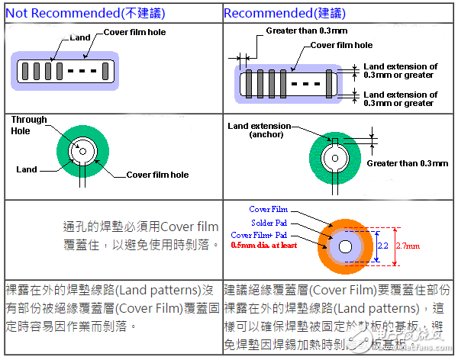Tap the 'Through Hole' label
pyautogui.click(x=29, y=125)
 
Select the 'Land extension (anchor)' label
pyautogui.click(x=260, y=130)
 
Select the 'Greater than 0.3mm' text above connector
pyautogui.click(x=306, y=31)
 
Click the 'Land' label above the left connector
pyautogui.click(x=79, y=37)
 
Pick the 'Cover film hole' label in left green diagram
pyautogui.click(x=159, y=175)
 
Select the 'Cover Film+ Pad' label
pyautogui.click(x=260, y=235)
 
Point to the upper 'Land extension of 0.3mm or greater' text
pyautogui.click(x=400, y=71)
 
